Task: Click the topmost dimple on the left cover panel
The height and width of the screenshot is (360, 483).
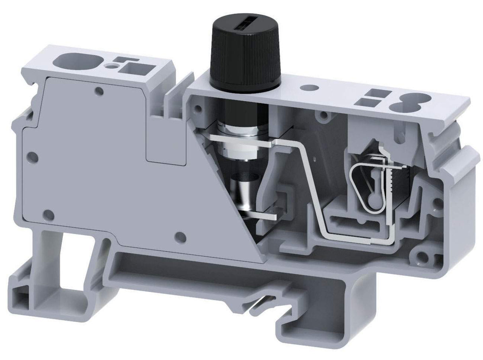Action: point(99,92)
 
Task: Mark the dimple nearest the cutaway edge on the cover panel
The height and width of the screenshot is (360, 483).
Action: point(181,237)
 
